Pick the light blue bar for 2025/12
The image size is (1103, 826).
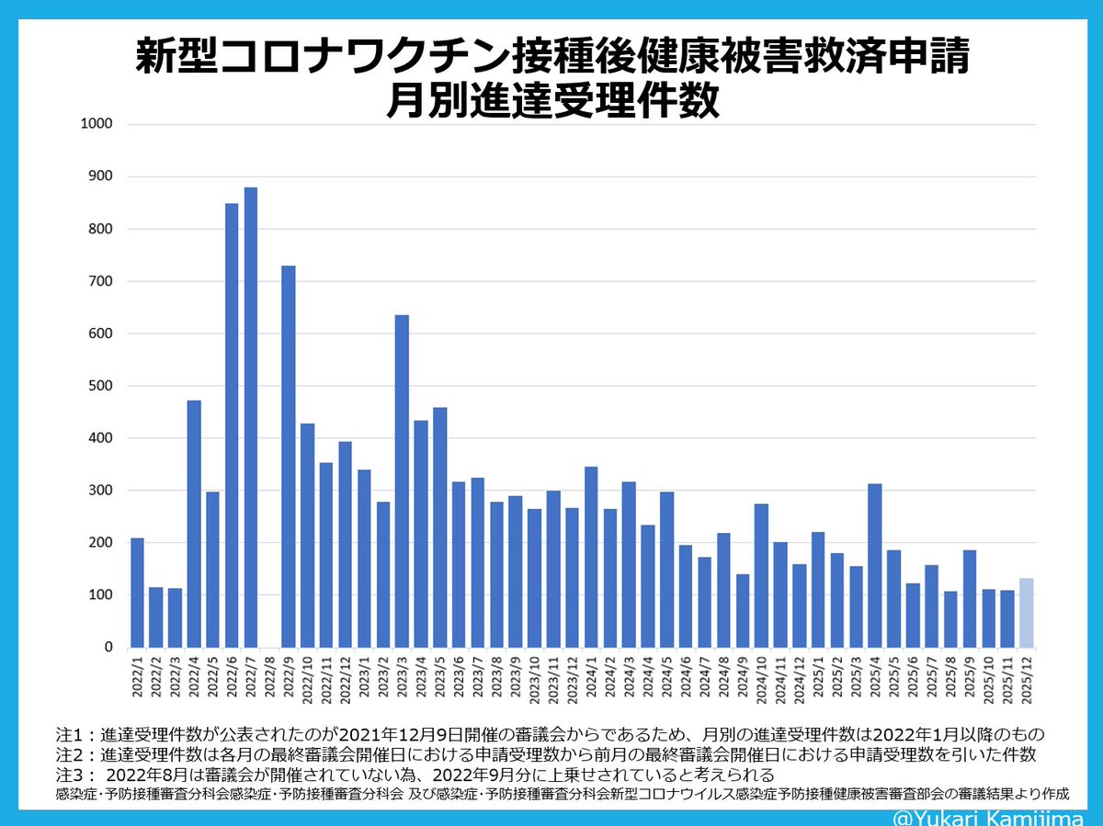pyautogui.click(x=1026, y=613)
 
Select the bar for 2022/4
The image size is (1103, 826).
pyautogui.click(x=194, y=524)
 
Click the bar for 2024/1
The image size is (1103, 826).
pyautogui.click(x=591, y=557)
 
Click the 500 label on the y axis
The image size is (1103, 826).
pyautogui.click(x=100, y=386)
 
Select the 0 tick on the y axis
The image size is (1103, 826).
pyautogui.click(x=108, y=648)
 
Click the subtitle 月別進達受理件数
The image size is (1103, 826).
pyautogui.click(x=551, y=100)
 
